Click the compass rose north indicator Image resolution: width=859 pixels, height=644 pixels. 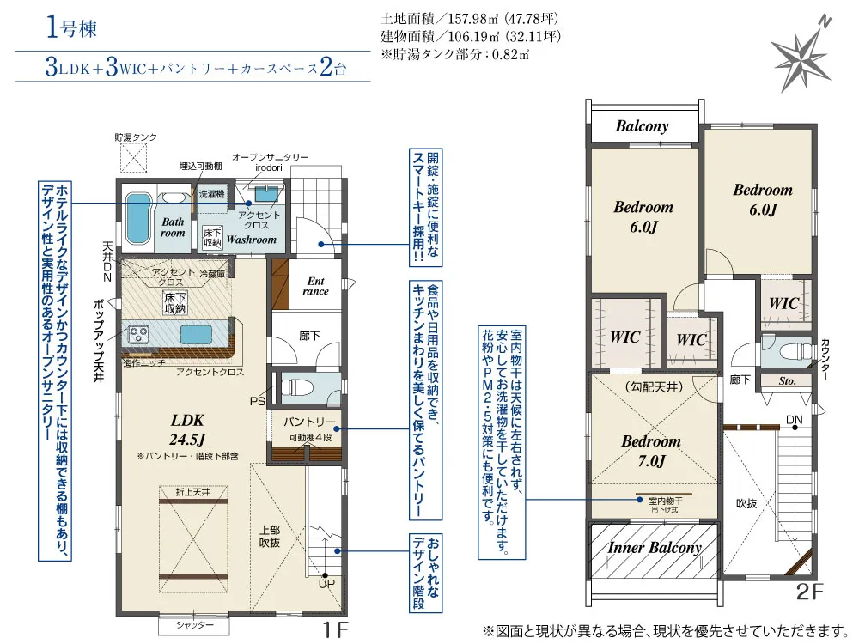tap(801, 56)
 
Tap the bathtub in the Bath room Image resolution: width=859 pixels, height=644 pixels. tap(138, 218)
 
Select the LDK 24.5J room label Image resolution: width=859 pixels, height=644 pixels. tap(187, 430)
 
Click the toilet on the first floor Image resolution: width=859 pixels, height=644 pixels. tap(296, 388)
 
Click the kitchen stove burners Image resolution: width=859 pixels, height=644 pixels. tap(138, 334)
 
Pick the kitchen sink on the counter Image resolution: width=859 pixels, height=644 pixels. tap(196, 334)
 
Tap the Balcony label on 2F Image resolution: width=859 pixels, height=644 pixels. tap(642, 126)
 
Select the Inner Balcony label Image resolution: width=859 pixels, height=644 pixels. tap(655, 548)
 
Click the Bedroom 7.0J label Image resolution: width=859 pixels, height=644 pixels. tap(651, 451)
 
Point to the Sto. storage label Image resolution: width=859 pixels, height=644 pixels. tap(787, 381)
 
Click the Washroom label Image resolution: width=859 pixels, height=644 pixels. tap(251, 240)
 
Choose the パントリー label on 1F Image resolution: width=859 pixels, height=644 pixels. tap(309, 422)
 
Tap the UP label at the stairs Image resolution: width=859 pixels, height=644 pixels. tap(326, 584)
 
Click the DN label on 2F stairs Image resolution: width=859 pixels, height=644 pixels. tap(795, 420)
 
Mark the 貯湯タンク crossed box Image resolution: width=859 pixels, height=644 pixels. tap(134, 158)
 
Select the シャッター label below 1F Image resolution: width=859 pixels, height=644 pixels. tap(195, 625)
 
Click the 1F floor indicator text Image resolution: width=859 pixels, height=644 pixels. tap(335, 629)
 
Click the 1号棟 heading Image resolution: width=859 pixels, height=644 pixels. tap(71, 27)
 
